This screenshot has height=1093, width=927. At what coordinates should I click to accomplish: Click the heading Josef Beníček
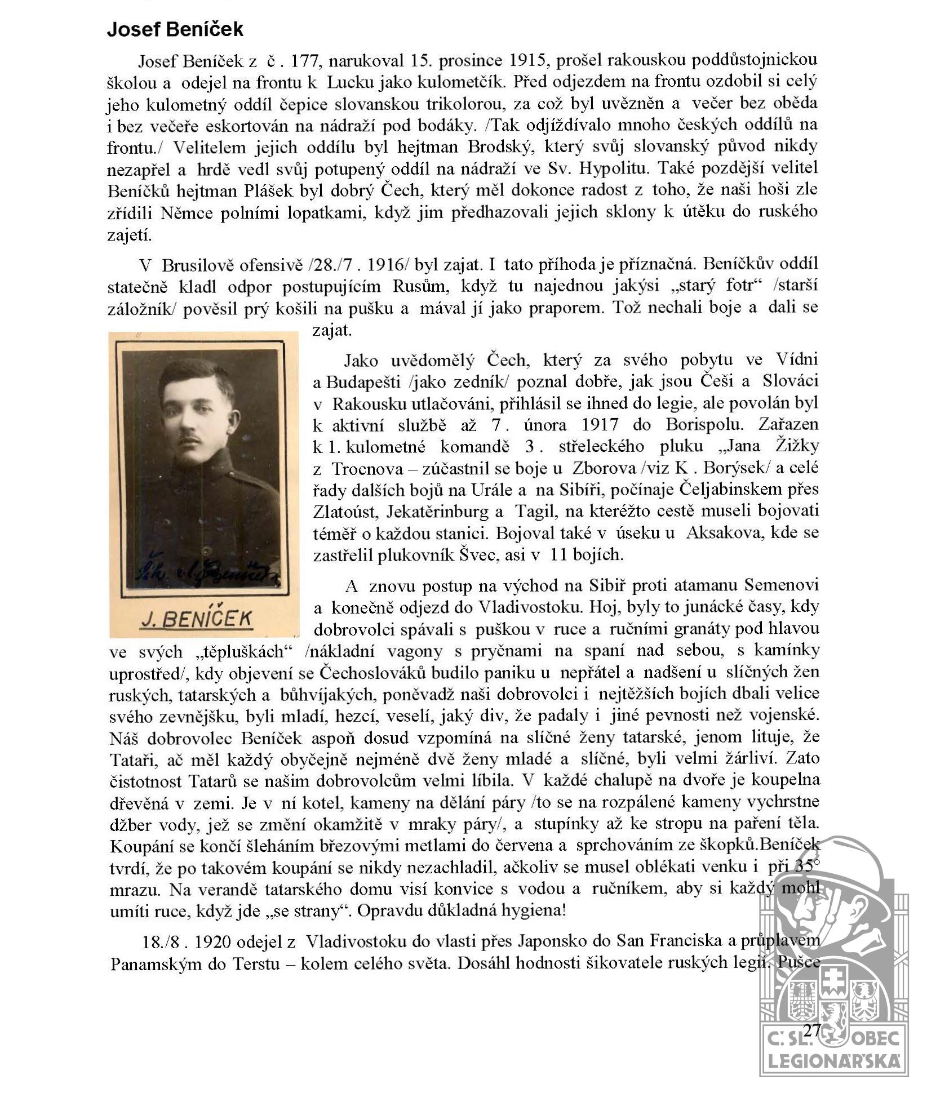[175, 30]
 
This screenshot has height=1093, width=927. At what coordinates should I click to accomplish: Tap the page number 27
[811, 1030]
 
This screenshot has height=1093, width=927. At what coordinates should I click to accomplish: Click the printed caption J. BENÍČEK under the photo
[197, 619]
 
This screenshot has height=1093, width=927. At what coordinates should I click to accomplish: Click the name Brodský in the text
[502, 147]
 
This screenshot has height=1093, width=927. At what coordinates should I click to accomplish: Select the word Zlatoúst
[340, 512]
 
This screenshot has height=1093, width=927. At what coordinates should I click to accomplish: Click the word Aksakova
[725, 533]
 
